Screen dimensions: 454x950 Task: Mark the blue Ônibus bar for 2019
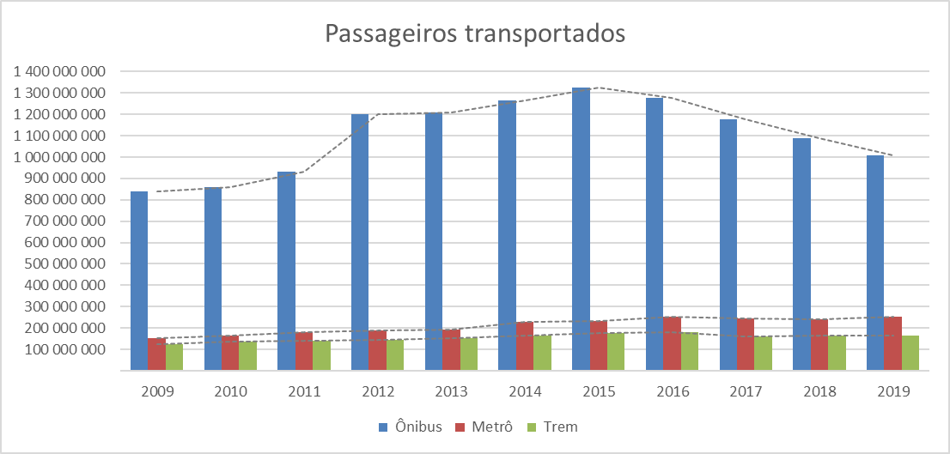coord(875,263)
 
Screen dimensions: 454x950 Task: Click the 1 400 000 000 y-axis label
coord(59,71)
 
